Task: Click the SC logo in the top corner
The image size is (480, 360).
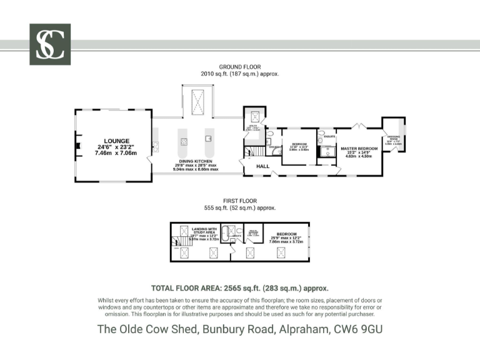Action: (50, 44)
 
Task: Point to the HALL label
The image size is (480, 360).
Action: (262, 166)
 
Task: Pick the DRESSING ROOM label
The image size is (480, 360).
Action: (394, 138)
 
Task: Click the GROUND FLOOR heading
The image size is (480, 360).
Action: (239, 67)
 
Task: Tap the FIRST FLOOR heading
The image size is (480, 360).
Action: (239, 201)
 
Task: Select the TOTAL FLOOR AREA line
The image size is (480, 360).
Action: (240, 289)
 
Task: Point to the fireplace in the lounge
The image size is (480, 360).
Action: (77, 147)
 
